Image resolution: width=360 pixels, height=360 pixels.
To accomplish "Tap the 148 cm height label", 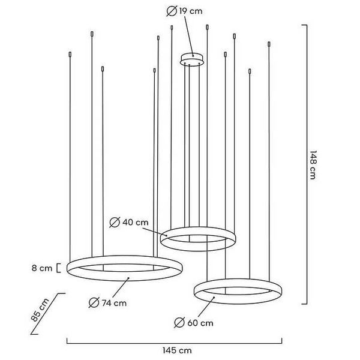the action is coord(313,164).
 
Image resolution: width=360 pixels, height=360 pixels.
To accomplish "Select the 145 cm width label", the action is coord(177,350).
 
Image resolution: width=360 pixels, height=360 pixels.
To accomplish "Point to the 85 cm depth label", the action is coord(40,310).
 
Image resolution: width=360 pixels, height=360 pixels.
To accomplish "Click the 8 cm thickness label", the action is coord(42,268).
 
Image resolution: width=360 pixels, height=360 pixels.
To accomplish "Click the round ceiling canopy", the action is coord(192,59).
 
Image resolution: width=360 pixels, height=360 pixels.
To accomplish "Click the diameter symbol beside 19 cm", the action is coord(172,11).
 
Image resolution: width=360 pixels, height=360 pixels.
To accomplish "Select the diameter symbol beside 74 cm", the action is coord(94,302).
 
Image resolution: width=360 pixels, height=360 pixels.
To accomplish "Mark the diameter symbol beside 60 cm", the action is coord(179,323).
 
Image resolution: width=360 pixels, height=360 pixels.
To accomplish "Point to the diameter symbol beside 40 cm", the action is coord(115,222).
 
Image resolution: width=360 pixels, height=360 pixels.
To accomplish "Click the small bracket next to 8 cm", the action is coord(58,268).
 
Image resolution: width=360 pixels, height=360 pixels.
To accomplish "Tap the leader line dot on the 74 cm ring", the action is coord(128,278).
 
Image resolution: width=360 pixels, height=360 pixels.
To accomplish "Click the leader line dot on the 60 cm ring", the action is coord(214,298).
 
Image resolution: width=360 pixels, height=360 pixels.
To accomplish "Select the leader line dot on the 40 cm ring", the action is coord(166,236).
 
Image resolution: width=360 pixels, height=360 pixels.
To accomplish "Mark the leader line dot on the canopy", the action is coord(193,55).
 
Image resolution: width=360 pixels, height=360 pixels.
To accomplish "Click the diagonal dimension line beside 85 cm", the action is coord(48,314).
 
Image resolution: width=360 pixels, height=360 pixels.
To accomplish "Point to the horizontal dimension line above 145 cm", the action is coord(175,343).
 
